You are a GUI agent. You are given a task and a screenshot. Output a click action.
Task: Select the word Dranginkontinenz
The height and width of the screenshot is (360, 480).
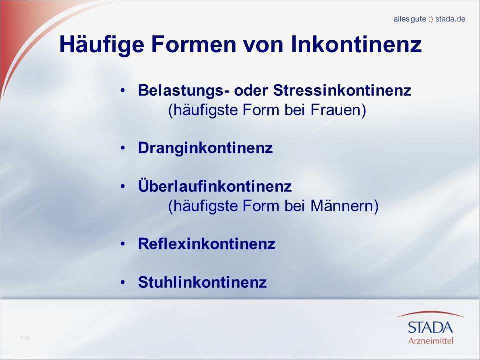205,149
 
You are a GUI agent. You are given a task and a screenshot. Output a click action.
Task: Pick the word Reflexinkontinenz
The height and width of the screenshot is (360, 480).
206,244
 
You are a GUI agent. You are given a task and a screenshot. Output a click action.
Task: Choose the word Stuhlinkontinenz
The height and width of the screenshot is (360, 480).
202,283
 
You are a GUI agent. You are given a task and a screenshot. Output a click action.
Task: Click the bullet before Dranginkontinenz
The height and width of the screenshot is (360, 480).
123,149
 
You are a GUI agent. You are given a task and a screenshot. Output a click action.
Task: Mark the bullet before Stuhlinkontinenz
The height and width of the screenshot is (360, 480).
123,283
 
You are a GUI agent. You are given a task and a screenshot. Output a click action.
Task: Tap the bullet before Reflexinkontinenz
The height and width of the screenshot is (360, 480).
123,244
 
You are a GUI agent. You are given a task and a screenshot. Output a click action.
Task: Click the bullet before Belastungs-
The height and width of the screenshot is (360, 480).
123,91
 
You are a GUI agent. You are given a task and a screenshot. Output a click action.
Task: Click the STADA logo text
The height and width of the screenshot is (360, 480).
430,327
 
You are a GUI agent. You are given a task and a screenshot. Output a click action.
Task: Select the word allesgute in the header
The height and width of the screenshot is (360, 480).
410,19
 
